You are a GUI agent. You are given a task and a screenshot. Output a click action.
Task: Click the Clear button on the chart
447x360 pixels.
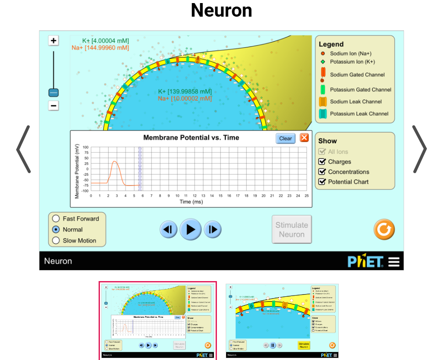[x=285, y=138]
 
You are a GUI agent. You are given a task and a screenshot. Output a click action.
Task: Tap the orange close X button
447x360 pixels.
[x=304, y=138]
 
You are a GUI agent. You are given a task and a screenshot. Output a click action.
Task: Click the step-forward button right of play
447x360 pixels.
[x=213, y=229]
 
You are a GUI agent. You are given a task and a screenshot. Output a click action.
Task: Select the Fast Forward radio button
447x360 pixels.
[x=56, y=218]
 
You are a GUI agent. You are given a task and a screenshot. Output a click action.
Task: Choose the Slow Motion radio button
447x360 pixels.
[x=56, y=240]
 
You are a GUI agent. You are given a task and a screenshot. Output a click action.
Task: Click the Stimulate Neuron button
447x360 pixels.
[x=291, y=229]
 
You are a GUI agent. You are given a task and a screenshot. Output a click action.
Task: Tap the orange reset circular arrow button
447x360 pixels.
[x=384, y=229]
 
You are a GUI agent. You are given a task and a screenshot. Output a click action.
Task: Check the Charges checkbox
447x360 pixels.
[x=322, y=162]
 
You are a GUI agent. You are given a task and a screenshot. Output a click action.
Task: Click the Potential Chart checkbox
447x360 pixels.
[x=322, y=182]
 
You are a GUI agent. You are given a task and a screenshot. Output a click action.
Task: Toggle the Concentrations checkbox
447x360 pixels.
[x=322, y=172]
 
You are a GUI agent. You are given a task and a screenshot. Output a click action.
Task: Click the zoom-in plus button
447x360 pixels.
[x=53, y=41]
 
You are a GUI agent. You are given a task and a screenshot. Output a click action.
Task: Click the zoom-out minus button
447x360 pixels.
[x=53, y=106]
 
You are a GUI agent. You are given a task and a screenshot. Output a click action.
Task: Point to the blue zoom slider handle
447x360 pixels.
[x=53, y=93]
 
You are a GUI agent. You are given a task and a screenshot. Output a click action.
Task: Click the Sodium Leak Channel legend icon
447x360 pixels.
[x=323, y=102]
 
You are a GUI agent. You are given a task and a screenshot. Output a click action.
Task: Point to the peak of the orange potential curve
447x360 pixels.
[x=114, y=161]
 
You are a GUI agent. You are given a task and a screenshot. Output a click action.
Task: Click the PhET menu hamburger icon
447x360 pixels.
[x=394, y=262]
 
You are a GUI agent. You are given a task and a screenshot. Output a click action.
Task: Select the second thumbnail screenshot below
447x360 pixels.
[x=282, y=321]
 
